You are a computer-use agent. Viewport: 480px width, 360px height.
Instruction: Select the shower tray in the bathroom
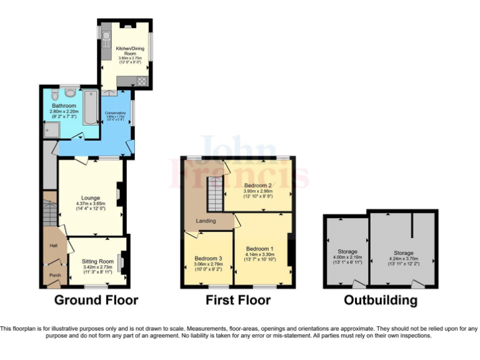(50, 129)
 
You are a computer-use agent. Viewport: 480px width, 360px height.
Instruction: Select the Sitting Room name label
(98, 261)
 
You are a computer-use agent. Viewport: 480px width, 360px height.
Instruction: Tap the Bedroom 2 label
(257, 186)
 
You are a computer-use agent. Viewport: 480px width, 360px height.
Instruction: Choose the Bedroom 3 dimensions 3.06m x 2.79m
(207, 264)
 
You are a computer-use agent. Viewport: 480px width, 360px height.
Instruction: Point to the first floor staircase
(215, 193)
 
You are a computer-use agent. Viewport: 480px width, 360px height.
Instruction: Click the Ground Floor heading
(96, 300)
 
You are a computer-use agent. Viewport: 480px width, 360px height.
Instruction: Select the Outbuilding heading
(380, 300)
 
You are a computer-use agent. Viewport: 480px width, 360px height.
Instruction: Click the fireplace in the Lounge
(121, 193)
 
